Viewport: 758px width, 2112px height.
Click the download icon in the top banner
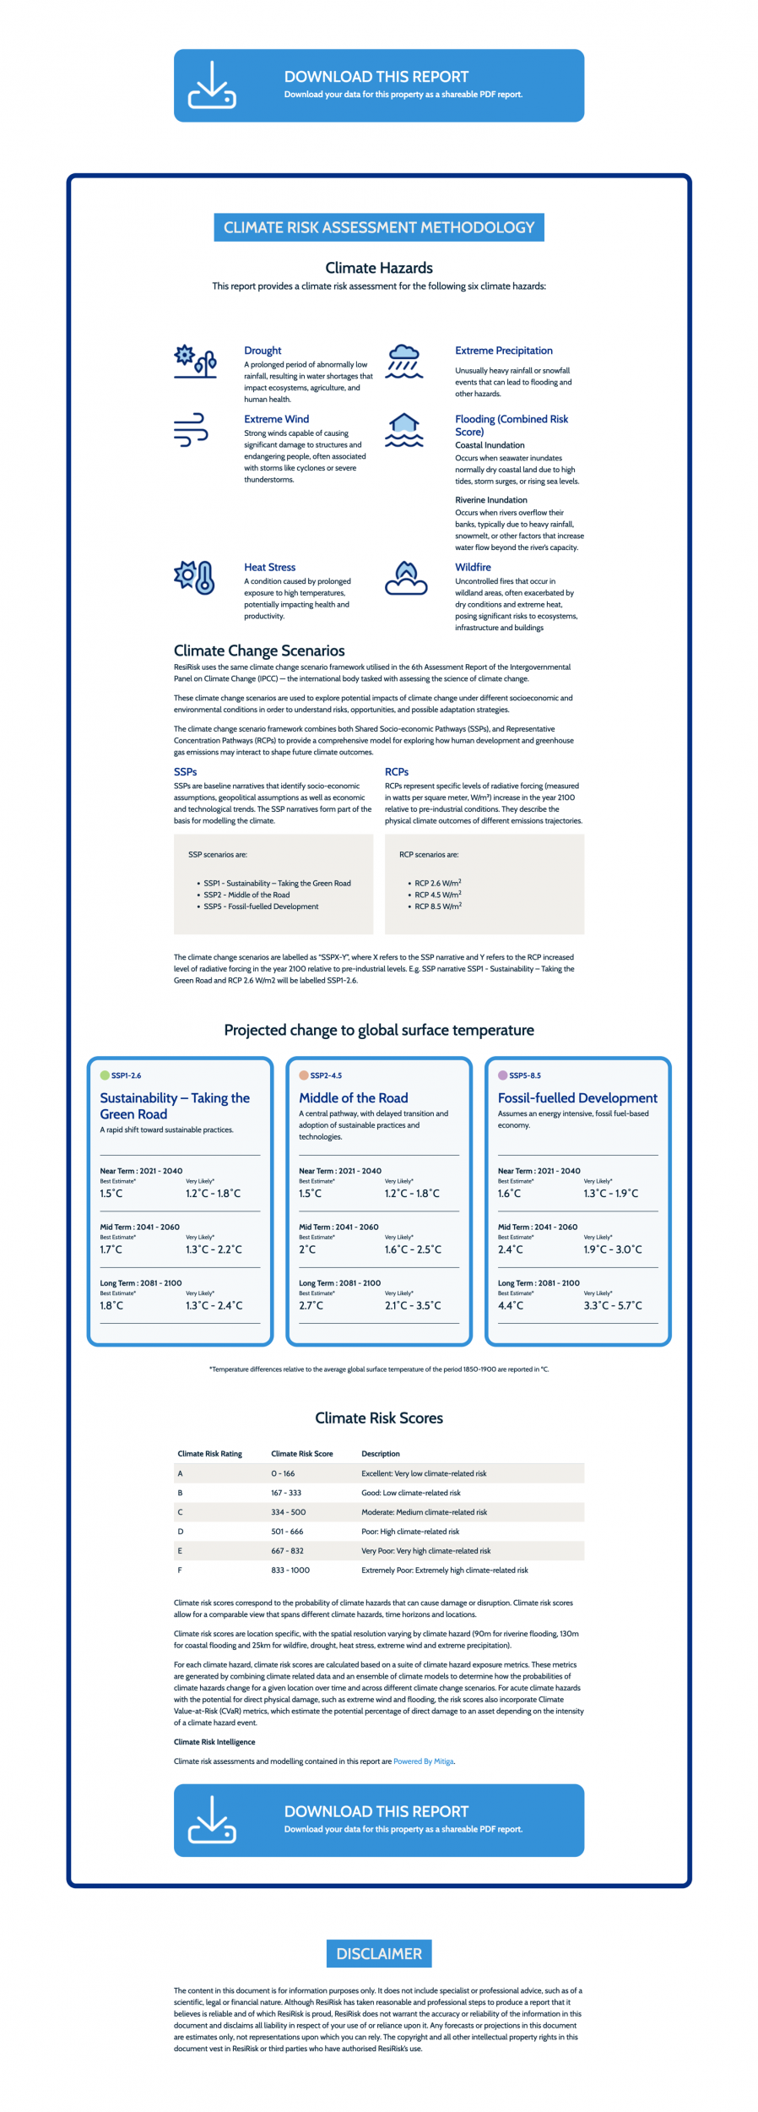tap(212, 85)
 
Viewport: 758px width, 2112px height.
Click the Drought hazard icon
tap(195, 361)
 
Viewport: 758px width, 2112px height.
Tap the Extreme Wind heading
tap(276, 419)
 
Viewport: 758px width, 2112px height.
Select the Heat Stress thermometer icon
tap(195, 577)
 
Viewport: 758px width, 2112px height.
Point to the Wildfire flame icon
tap(406, 578)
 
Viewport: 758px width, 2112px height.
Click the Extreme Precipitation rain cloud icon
tap(404, 361)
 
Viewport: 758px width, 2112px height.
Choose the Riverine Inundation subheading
tap(490, 500)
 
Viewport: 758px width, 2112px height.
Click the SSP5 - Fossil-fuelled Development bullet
tap(261, 906)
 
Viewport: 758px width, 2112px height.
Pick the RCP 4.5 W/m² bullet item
tap(437, 895)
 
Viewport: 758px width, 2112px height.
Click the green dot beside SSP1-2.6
tap(105, 1075)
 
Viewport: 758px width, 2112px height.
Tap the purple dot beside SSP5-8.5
tap(503, 1075)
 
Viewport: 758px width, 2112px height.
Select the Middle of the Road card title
tap(353, 1097)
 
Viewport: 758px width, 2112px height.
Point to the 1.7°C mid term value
tap(111, 1249)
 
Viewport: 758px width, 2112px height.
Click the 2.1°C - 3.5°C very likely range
tap(413, 1305)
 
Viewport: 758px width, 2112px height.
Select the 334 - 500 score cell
tap(288, 1512)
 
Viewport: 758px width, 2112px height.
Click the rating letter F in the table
tap(180, 1570)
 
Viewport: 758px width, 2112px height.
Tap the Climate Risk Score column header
tap(301, 1454)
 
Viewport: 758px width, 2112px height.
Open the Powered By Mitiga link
tap(423, 1761)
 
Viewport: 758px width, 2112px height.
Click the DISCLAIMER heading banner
tap(379, 1953)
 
